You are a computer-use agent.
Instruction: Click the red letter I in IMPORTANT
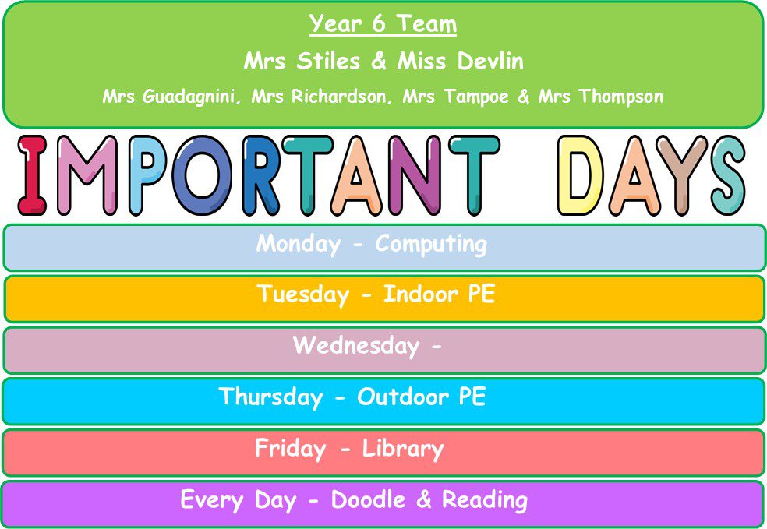coord(32,175)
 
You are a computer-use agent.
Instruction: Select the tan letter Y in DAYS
coord(681,175)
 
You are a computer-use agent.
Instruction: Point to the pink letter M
coord(87,175)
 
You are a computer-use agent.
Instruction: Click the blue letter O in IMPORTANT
coord(202,175)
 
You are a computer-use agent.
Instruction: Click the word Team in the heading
coord(426,23)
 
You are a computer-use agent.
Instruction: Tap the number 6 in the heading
coord(379,23)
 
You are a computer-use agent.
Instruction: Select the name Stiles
coord(328,61)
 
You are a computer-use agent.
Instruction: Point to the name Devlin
coord(490,61)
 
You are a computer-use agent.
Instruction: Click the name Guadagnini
coord(189,97)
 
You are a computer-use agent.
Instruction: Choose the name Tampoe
coord(476,97)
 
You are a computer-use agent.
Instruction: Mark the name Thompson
coord(621,97)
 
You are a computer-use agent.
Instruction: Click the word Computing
coord(431,245)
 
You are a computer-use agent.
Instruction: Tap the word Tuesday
coord(302,294)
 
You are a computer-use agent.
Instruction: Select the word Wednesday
coord(356,346)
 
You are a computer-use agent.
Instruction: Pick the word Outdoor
coord(402,397)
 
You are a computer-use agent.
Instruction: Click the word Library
coord(402,449)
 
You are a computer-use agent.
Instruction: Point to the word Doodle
coord(369,499)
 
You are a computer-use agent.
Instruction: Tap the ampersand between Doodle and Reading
coord(424,499)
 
